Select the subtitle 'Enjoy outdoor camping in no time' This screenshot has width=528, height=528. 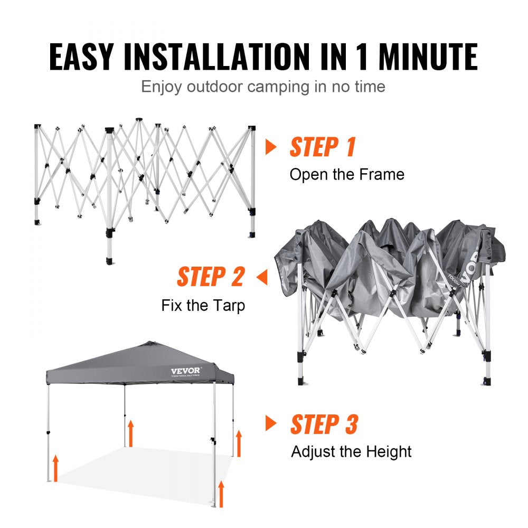(263, 86)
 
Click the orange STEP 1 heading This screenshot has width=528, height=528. (323, 147)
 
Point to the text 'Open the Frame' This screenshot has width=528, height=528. (347, 174)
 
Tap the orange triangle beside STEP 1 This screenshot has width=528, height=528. (271, 147)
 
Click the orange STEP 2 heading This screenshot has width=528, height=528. (211, 277)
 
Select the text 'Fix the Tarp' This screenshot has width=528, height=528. (203, 305)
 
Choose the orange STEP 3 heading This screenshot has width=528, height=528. (324, 424)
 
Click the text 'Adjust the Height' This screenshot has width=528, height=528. (351, 451)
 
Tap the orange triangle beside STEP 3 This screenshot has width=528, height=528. (271, 423)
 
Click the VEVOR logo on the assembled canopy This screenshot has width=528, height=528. (185, 371)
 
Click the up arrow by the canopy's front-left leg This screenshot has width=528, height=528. (55, 468)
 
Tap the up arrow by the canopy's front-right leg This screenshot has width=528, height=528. (221, 493)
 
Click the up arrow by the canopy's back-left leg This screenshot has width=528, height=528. (130, 433)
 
